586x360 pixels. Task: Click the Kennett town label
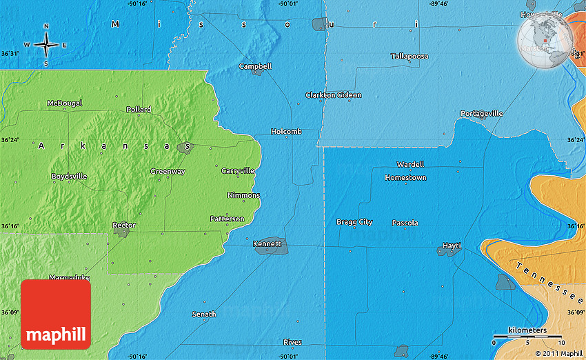[x=267, y=243]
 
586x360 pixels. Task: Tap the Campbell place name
[x=255, y=66]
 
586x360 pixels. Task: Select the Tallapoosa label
[x=410, y=56]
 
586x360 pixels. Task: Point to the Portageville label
[x=482, y=113]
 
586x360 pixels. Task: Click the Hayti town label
[x=452, y=246]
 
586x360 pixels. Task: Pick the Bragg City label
[x=354, y=222]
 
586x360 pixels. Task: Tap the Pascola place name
[x=405, y=223]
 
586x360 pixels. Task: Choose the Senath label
[x=203, y=314]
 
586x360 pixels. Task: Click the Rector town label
[x=124, y=226]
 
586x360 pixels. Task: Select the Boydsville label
[x=69, y=177]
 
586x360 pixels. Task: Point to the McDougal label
[x=64, y=103]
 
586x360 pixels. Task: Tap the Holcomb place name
[x=286, y=131]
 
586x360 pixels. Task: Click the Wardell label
[x=410, y=164]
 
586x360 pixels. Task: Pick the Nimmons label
[x=243, y=195]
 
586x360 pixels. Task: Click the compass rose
[x=46, y=46]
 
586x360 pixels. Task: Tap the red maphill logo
[x=56, y=314]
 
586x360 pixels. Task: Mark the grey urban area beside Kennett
[x=271, y=249]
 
